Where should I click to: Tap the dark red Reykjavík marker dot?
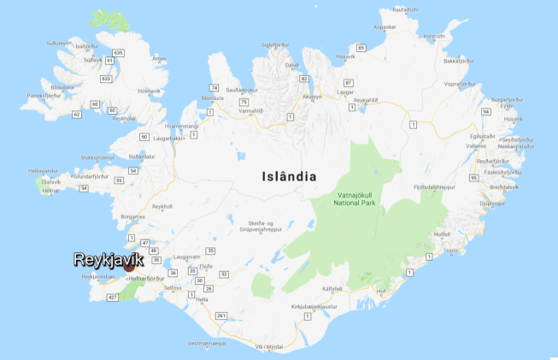tap(129, 266)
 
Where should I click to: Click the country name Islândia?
tap(288, 177)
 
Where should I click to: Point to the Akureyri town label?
tap(313, 97)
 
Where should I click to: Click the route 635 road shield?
tap(118, 53)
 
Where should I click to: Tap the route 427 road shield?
tap(112, 298)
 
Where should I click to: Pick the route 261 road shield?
tap(221, 316)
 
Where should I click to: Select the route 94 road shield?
tap(509, 112)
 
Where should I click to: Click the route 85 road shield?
tap(361, 48)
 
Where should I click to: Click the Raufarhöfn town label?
tap(408, 9)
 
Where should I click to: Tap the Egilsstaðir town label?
tap(484, 136)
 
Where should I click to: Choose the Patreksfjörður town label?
tap(45, 96)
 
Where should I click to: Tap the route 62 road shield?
tap(77, 114)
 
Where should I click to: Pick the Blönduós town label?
tap(212, 97)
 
